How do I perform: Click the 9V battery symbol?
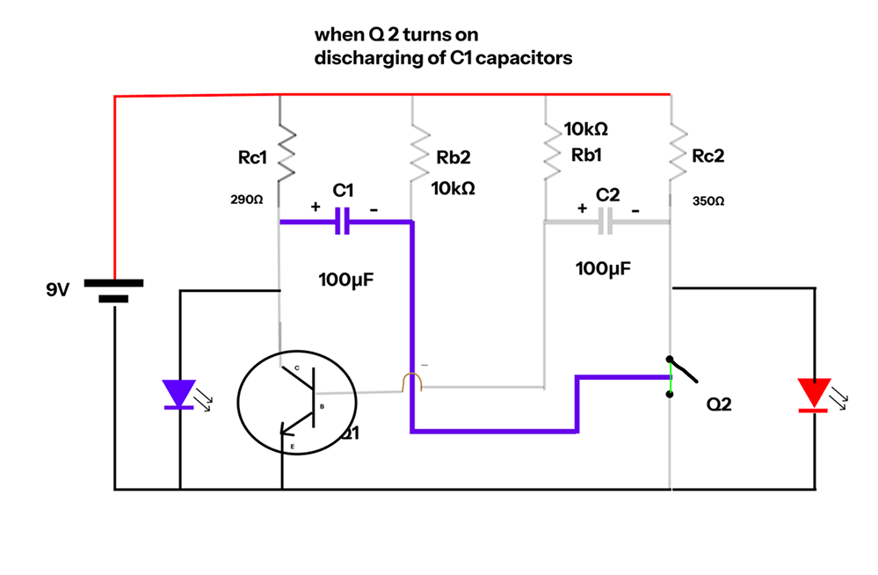(113, 291)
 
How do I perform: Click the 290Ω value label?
(246, 200)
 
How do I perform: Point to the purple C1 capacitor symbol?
(343, 222)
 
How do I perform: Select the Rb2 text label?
(454, 158)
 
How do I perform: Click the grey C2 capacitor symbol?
(606, 222)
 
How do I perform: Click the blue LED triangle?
(180, 393)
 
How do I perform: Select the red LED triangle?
(813, 393)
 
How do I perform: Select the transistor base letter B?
(322, 406)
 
